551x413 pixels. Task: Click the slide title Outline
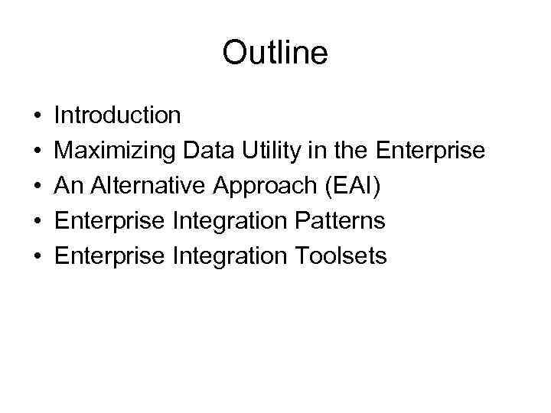(275, 54)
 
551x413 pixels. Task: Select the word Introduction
(118, 115)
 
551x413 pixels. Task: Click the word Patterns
(338, 221)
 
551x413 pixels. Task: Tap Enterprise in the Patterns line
(110, 221)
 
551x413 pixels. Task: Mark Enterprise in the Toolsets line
(110, 256)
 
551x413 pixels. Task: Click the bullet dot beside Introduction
(37, 116)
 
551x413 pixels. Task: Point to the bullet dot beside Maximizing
(37, 151)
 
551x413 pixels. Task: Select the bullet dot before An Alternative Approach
(37, 187)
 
